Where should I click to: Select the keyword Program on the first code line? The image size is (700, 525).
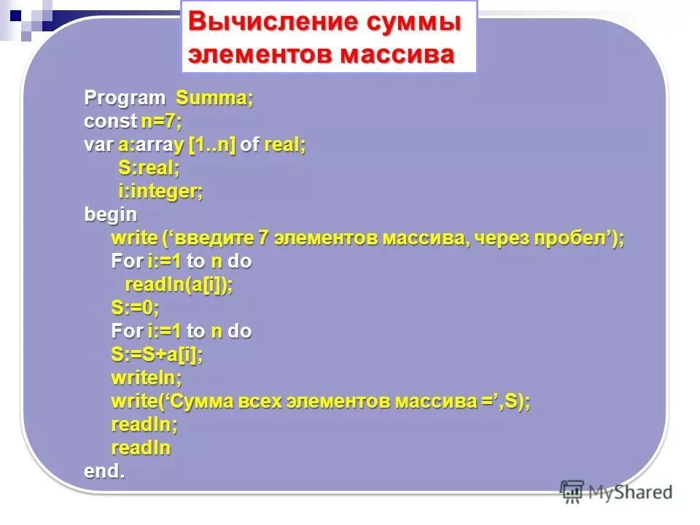point(125,98)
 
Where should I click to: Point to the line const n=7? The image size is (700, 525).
point(133,122)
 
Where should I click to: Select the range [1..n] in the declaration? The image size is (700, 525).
point(211,145)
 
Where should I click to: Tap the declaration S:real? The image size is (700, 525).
point(149,168)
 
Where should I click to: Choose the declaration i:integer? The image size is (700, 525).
point(161,192)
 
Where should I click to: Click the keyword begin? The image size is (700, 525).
point(110,215)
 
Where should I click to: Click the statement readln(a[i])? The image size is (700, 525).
point(179,285)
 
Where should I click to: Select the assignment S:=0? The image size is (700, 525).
point(135,308)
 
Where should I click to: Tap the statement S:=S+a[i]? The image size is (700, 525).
point(157,355)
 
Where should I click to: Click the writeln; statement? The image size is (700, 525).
point(147,378)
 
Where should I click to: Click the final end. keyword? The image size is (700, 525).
point(104,472)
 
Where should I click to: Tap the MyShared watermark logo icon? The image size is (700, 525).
point(573,491)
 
